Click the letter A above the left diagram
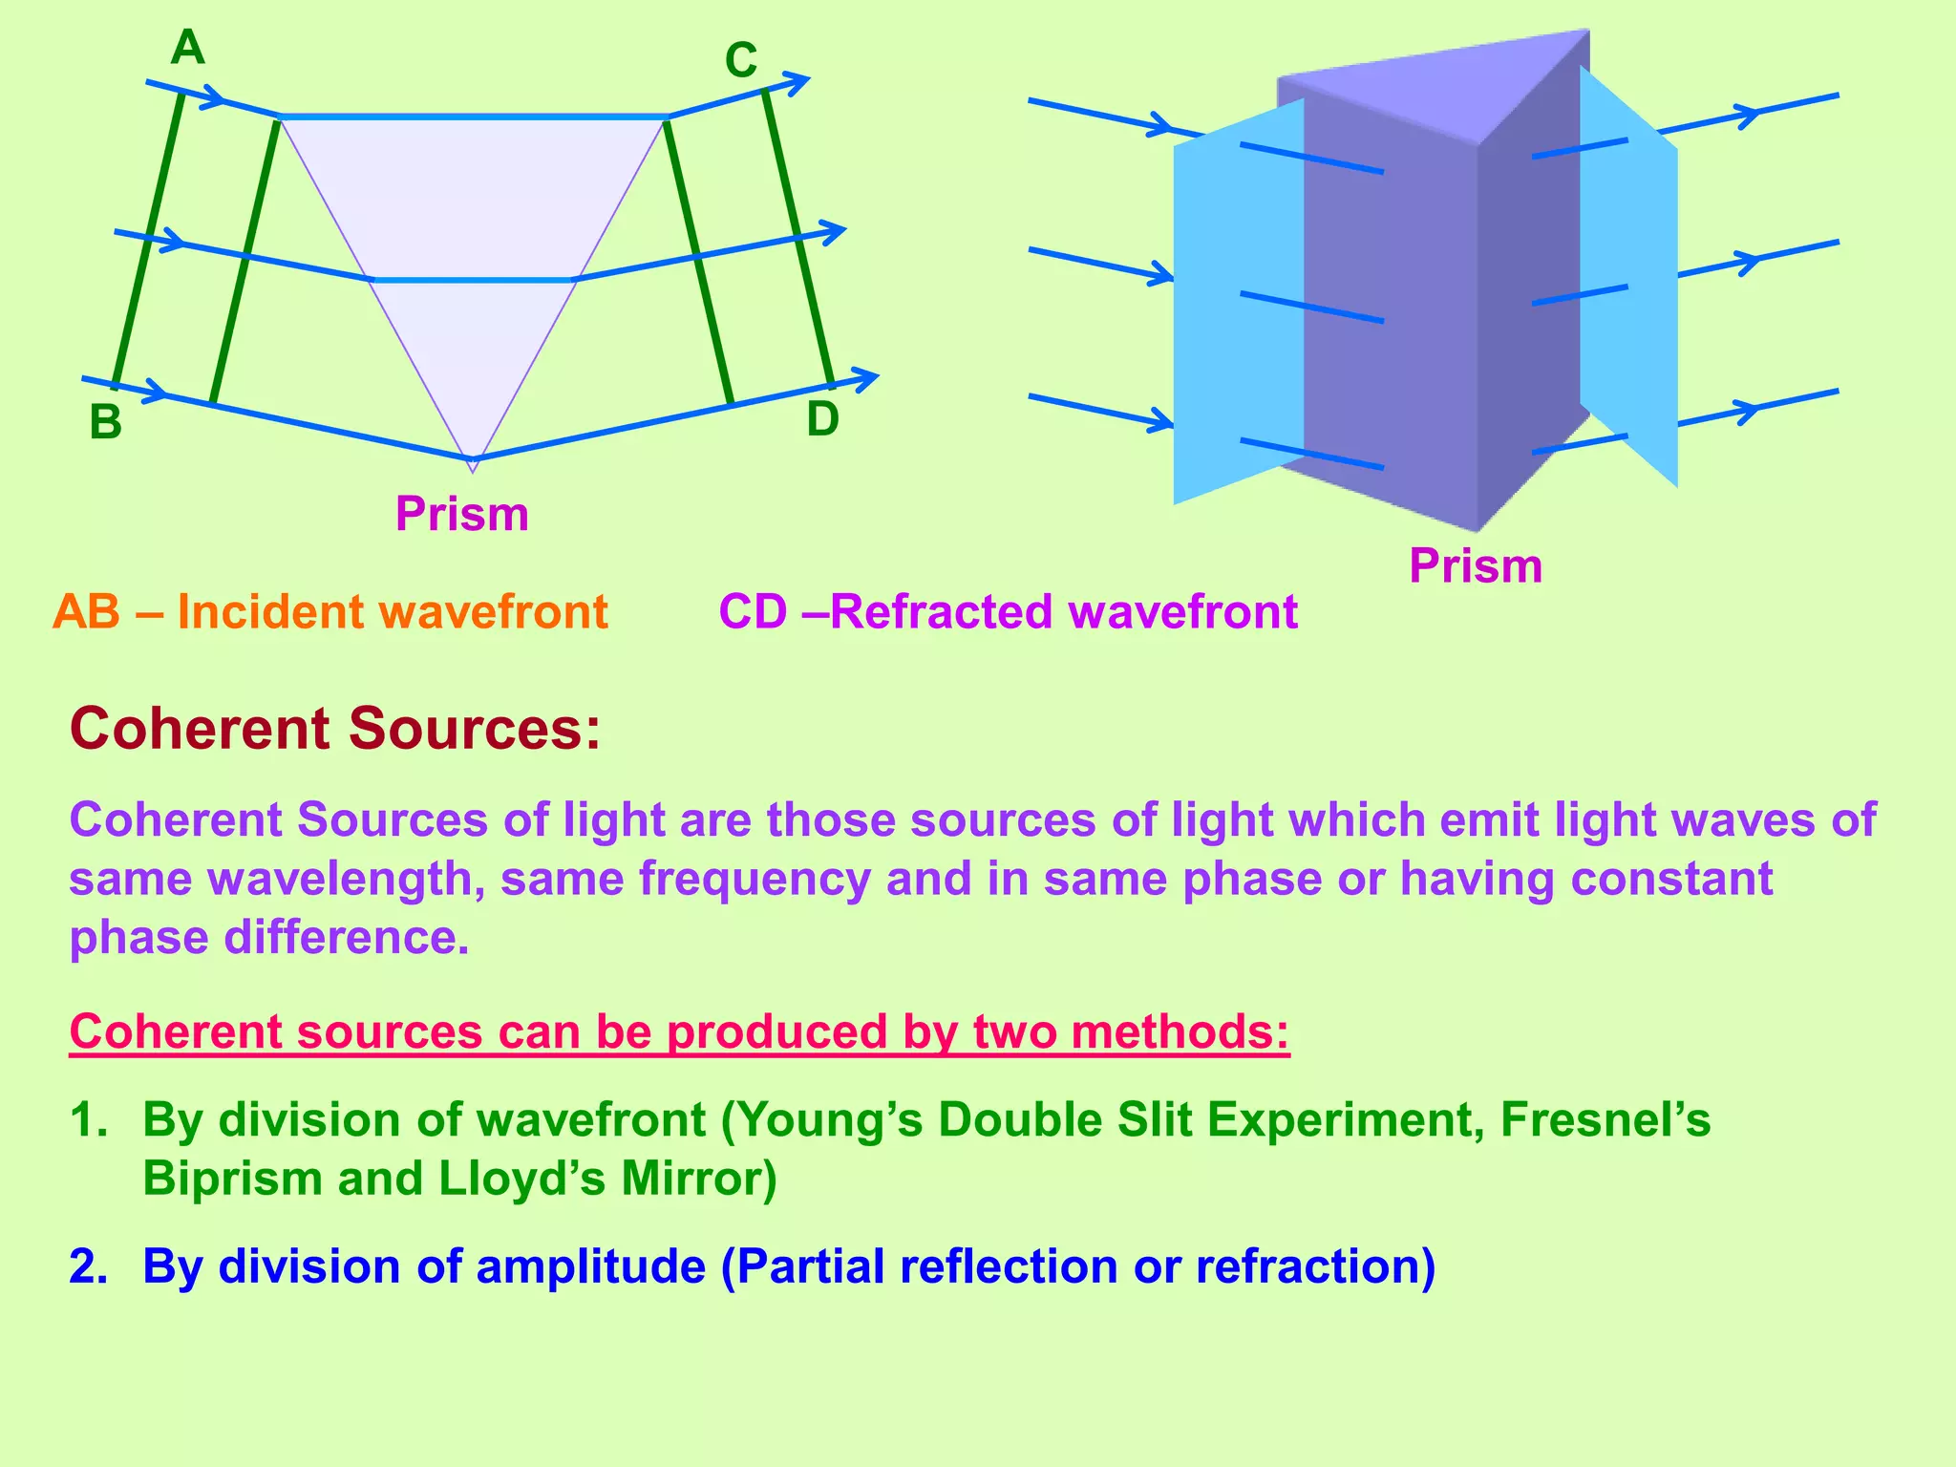187,48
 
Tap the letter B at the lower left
106,422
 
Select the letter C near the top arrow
740,62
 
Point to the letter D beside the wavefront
822,419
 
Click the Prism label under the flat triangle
461,514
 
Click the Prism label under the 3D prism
1475,565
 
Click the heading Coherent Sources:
335,729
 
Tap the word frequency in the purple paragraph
755,879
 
